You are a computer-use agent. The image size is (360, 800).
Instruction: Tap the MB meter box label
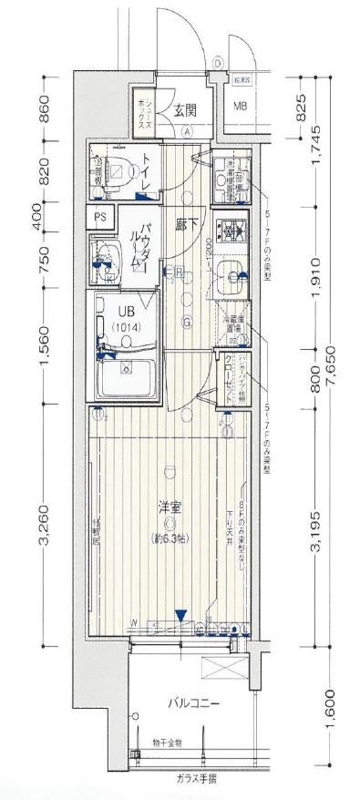[241, 107]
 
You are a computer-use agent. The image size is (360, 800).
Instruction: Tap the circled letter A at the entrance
[187, 130]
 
